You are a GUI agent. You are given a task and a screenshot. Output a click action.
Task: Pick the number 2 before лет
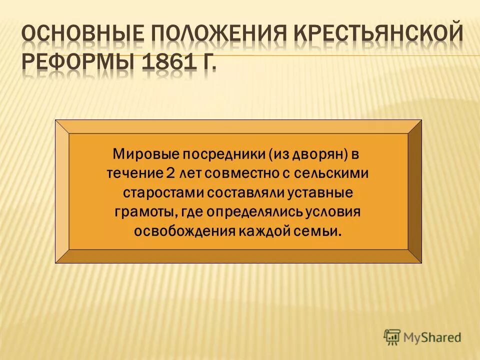(170, 173)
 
